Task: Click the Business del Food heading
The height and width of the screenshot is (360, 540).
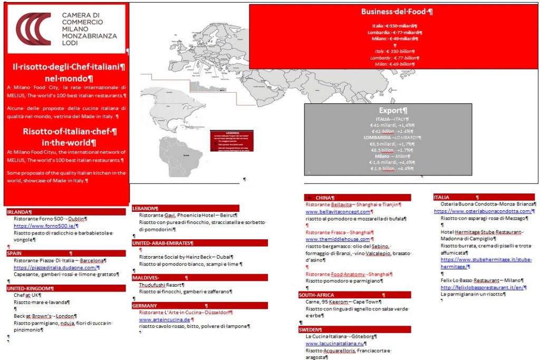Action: click(x=397, y=12)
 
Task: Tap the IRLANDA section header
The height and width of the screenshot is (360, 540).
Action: click(x=19, y=212)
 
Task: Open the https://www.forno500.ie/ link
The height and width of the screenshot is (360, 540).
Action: click(x=35, y=226)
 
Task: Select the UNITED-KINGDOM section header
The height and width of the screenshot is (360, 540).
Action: click(x=30, y=288)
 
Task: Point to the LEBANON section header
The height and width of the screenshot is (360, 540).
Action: click(x=145, y=208)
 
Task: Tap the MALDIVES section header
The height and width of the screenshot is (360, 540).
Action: click(x=146, y=277)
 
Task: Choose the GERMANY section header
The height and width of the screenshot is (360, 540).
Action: click(x=145, y=305)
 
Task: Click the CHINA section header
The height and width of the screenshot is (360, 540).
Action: click(x=323, y=198)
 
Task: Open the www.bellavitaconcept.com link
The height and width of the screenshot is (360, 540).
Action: click(x=338, y=211)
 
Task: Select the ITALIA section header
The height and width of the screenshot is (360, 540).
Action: click(x=442, y=197)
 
